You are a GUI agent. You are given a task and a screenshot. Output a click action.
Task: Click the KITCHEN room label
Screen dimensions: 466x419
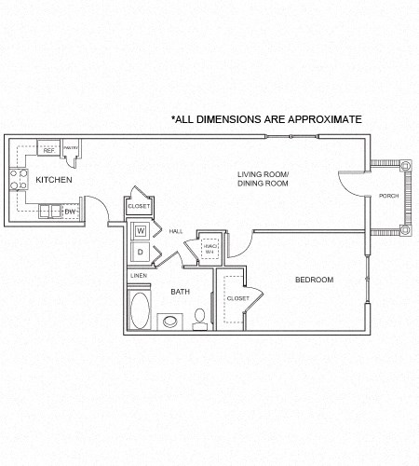54,179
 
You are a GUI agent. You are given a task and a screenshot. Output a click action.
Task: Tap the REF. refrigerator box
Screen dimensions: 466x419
48,148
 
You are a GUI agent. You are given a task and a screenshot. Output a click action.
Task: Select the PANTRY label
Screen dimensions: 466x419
70,146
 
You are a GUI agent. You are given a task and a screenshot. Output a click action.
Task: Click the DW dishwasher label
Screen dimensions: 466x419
69,212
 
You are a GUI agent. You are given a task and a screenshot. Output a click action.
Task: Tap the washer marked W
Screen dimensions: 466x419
141,230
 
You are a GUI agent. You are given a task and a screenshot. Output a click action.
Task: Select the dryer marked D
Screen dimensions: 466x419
141,251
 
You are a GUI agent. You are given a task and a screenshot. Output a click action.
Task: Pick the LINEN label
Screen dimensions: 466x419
138,276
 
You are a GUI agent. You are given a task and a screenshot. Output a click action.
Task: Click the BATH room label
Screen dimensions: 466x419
180,292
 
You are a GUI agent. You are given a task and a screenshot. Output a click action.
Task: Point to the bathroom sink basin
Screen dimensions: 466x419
170,322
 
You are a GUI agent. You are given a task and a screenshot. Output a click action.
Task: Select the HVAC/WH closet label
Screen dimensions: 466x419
209,249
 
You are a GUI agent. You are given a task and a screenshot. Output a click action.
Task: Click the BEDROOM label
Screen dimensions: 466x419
314,280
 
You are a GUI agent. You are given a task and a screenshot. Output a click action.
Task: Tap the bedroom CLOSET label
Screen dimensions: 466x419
237,298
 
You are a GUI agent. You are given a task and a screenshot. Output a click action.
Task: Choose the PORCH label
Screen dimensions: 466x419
388,196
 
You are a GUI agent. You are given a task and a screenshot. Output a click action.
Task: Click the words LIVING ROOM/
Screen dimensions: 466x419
263,174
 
